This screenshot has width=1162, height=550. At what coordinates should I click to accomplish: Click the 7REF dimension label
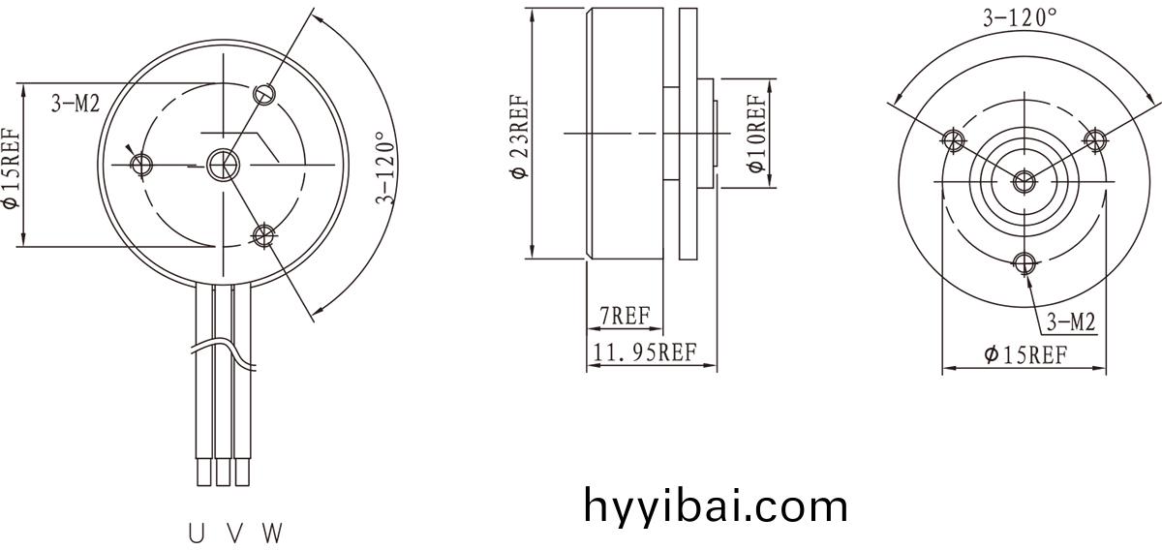click(626, 316)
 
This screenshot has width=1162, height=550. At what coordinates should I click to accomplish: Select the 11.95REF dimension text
click(644, 352)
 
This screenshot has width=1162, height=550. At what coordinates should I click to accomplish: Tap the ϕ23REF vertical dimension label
click(520, 137)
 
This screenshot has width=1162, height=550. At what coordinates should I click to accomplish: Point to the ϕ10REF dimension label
click(756, 134)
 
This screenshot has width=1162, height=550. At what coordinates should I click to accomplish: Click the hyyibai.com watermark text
click(716, 505)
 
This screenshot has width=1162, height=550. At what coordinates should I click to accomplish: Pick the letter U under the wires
click(196, 534)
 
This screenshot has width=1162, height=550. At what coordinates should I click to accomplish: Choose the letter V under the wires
click(235, 534)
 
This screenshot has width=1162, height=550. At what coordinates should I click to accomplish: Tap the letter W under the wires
click(273, 534)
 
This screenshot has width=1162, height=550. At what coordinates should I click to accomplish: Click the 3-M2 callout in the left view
click(76, 104)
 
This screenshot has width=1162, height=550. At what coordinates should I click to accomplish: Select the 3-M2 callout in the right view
click(1071, 322)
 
